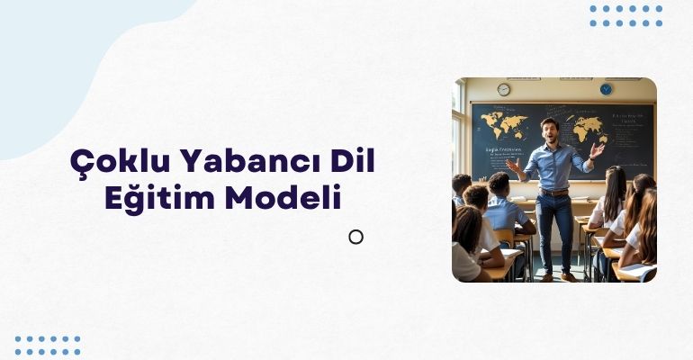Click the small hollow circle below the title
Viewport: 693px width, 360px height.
pyautogui.click(x=355, y=237)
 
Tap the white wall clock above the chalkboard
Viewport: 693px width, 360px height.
pyautogui.click(x=503, y=89)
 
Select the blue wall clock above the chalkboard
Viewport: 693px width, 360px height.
pyautogui.click(x=606, y=89)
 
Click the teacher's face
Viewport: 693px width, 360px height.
pyautogui.click(x=550, y=130)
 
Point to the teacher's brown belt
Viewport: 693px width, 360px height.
pyautogui.click(x=553, y=192)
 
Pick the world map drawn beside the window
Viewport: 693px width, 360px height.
pyautogui.click(x=503, y=121)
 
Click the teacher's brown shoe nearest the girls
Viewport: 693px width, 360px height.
pyautogui.click(x=568, y=276)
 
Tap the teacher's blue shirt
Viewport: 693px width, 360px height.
pyautogui.click(x=553, y=167)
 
